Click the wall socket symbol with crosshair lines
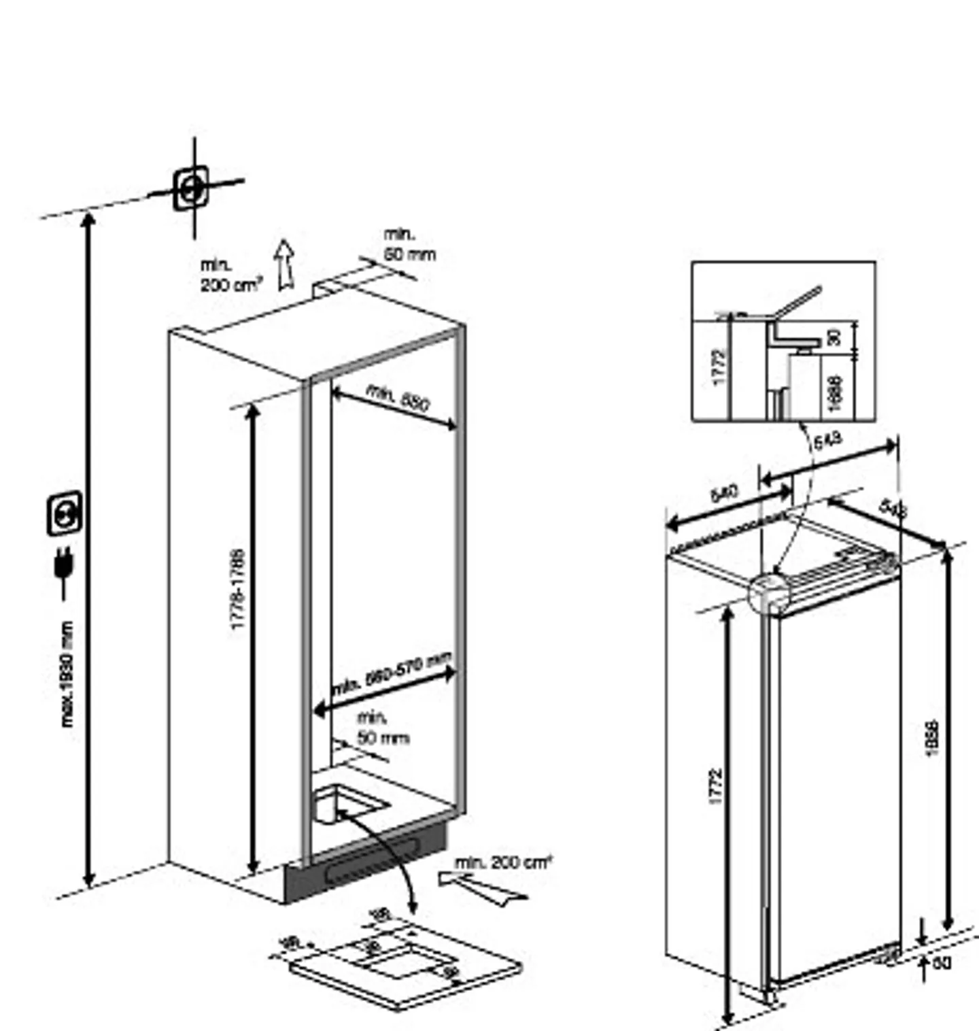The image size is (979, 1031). click(x=191, y=188)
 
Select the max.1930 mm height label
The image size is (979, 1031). click(x=67, y=673)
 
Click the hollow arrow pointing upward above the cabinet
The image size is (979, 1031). click(x=284, y=265)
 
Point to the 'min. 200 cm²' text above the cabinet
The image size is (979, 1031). click(x=228, y=275)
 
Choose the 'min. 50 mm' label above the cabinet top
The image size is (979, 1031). click(x=408, y=245)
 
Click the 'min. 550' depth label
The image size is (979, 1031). click(x=398, y=398)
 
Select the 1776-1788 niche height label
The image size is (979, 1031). click(x=237, y=589)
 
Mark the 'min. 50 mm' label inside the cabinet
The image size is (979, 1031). click(x=382, y=728)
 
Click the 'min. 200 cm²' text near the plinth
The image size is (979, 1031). click(x=502, y=862)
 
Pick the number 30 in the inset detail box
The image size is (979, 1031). click(x=834, y=336)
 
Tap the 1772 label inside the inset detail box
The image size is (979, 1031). click(x=720, y=367)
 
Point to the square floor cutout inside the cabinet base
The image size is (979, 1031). click(x=347, y=802)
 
